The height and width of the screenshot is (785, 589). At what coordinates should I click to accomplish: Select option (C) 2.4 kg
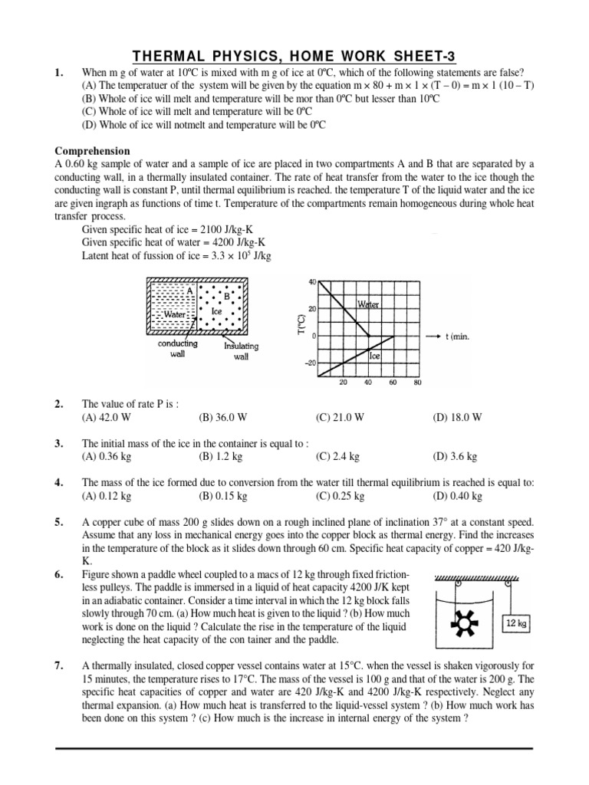338,456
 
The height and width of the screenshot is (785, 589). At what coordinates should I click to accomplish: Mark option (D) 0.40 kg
457,496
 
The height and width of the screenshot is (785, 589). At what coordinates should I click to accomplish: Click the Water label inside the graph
368,305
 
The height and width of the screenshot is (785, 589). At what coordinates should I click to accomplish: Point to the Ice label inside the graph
375,356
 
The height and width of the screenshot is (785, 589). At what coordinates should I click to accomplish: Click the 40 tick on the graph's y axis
311,281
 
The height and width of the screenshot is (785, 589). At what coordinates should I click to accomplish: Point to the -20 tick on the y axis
309,364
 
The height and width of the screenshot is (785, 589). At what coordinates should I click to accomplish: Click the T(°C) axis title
302,324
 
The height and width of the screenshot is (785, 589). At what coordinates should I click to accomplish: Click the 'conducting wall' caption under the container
177,349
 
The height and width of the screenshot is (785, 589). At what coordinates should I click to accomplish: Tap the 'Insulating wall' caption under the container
241,350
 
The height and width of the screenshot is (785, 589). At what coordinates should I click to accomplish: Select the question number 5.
59,521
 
